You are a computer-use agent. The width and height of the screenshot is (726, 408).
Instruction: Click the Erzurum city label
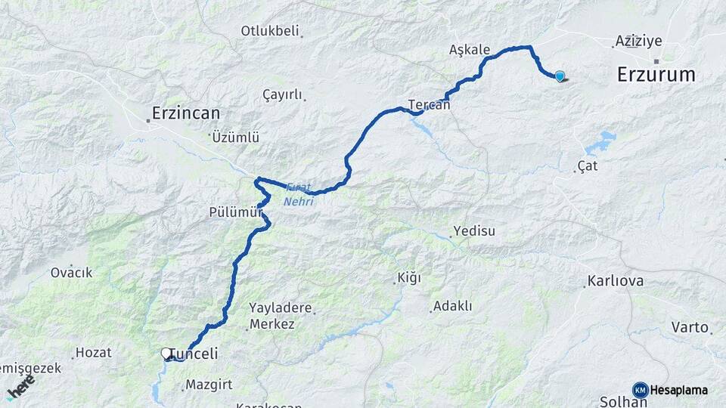click(656, 74)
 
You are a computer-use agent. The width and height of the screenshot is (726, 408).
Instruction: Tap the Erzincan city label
click(185, 113)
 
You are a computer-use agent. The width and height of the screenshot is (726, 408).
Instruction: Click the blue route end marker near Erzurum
click(560, 76)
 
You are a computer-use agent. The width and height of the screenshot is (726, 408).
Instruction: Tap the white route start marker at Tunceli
click(166, 353)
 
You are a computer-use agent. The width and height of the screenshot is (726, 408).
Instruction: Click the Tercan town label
click(429, 105)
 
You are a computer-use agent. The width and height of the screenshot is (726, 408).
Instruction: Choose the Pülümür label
click(234, 213)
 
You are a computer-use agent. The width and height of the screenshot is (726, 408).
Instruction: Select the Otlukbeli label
click(270, 31)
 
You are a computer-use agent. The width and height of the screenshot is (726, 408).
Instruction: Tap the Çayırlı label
click(281, 95)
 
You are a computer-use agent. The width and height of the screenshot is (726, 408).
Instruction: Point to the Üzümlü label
click(236, 138)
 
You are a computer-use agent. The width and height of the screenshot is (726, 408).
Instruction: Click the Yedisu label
click(474, 231)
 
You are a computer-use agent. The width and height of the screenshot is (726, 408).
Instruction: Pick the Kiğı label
click(409, 279)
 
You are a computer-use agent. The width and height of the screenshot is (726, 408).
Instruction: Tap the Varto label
click(689, 327)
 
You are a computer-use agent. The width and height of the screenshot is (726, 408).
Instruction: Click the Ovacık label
click(71, 273)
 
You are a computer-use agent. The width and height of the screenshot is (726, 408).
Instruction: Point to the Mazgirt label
click(209, 385)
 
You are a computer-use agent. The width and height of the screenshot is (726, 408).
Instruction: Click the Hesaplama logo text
click(678, 390)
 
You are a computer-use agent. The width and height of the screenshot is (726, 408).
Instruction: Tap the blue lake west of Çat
click(601, 141)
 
